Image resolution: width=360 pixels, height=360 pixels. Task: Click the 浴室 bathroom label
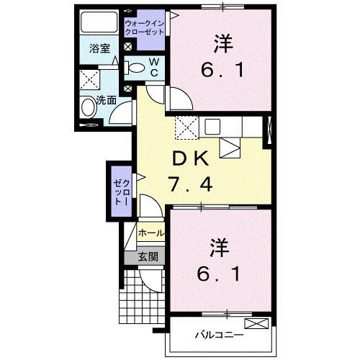[x=99, y=49]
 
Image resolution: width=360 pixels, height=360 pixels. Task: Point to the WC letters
[x=154, y=68]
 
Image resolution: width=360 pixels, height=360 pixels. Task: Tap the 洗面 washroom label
[x=107, y=100]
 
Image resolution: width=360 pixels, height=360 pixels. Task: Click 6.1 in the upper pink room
[x=221, y=71]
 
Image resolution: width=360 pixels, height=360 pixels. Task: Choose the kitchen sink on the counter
[x=214, y=128]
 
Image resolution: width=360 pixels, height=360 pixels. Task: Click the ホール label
[x=150, y=233]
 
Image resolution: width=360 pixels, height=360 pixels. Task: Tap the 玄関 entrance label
[x=148, y=256]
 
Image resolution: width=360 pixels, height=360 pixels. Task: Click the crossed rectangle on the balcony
[x=256, y=323]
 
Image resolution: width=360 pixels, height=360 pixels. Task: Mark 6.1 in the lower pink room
[x=221, y=276]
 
